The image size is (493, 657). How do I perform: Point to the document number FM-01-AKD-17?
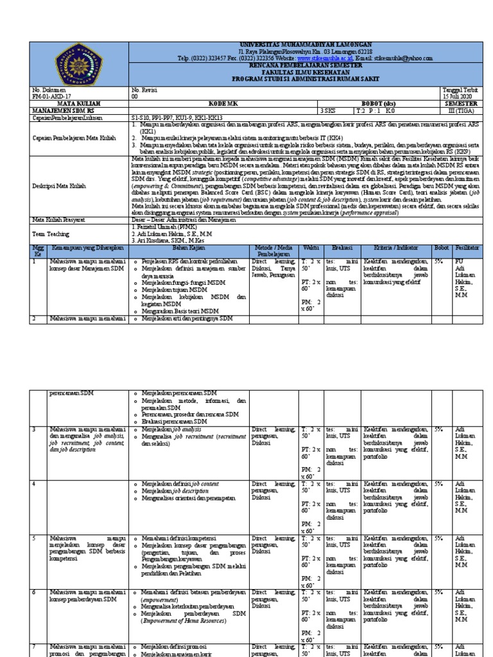point(49,96)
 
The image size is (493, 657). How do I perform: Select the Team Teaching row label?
point(48,235)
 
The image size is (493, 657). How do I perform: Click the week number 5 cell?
point(35,537)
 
